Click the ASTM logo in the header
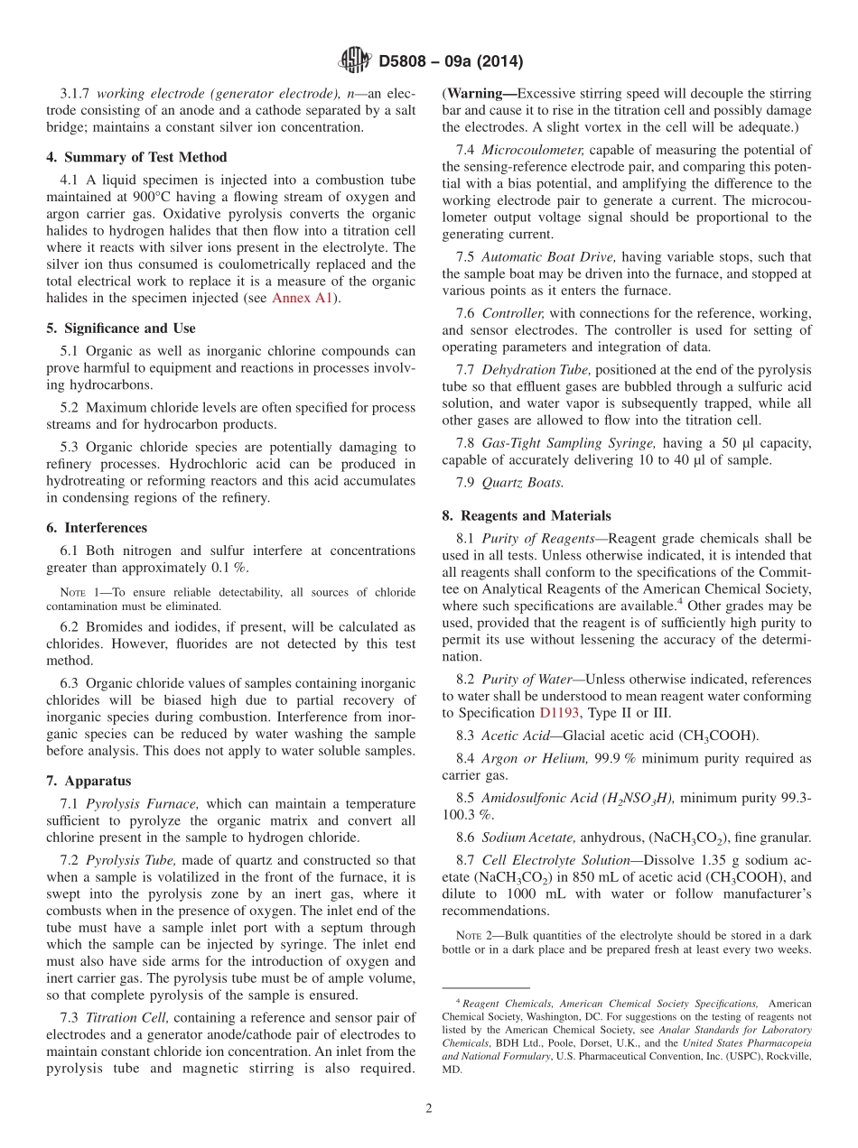(355, 60)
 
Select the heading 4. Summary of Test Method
(136, 157)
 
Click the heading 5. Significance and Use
(121, 329)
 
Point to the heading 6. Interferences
(97, 528)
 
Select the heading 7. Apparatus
(89, 781)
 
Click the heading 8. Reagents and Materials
(527, 516)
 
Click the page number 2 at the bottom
(429, 1109)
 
